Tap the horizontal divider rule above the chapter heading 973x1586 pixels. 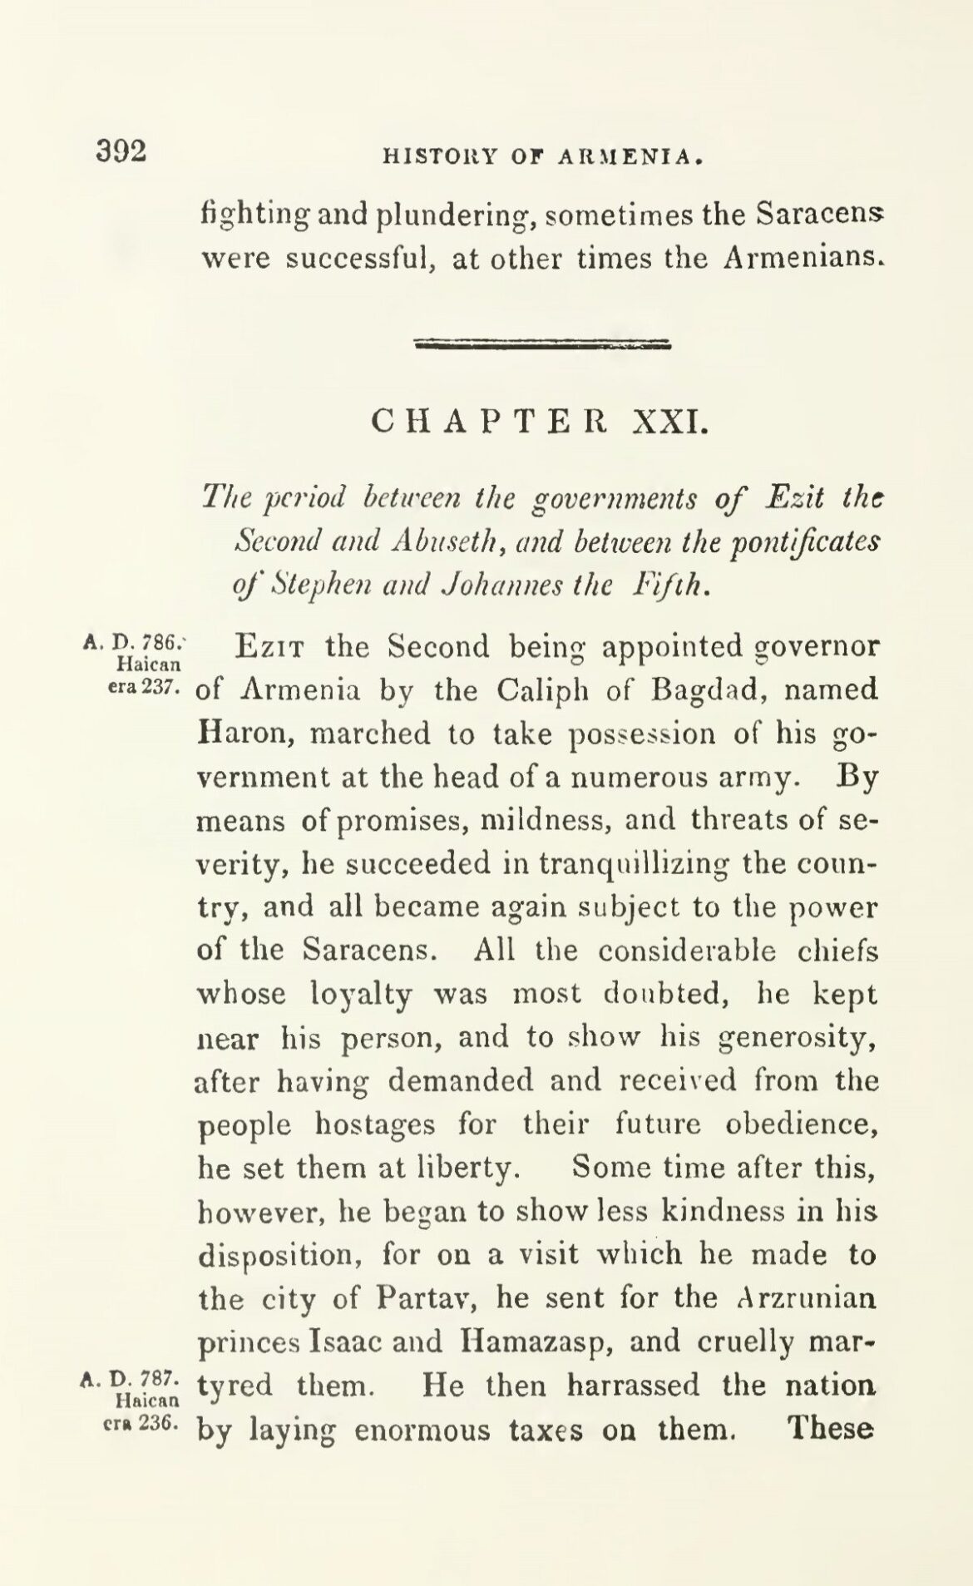pos(542,344)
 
